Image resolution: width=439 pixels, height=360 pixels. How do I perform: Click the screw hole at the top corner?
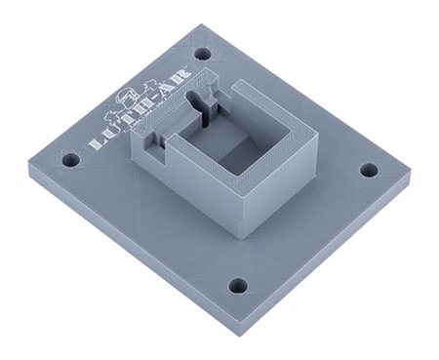[x=202, y=54]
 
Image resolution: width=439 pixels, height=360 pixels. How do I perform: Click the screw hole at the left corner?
[x=70, y=157]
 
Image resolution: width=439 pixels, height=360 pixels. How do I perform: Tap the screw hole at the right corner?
[x=368, y=170]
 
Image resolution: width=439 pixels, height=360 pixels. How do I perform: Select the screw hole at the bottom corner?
[x=238, y=286]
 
